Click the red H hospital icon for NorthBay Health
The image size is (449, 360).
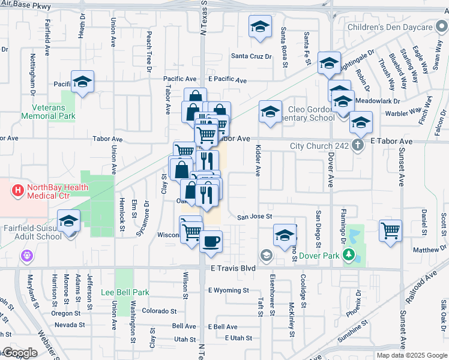pos(18,190)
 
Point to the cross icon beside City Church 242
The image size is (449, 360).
pos(357,145)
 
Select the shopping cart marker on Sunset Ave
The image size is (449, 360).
pos(391,230)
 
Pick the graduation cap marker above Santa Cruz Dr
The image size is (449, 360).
pos(260,27)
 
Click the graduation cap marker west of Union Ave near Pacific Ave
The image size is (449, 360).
pos(82,81)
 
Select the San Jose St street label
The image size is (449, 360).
pos(255,217)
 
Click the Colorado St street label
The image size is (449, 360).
pos(159,311)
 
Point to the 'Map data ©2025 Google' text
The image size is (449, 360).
pos(411,355)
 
